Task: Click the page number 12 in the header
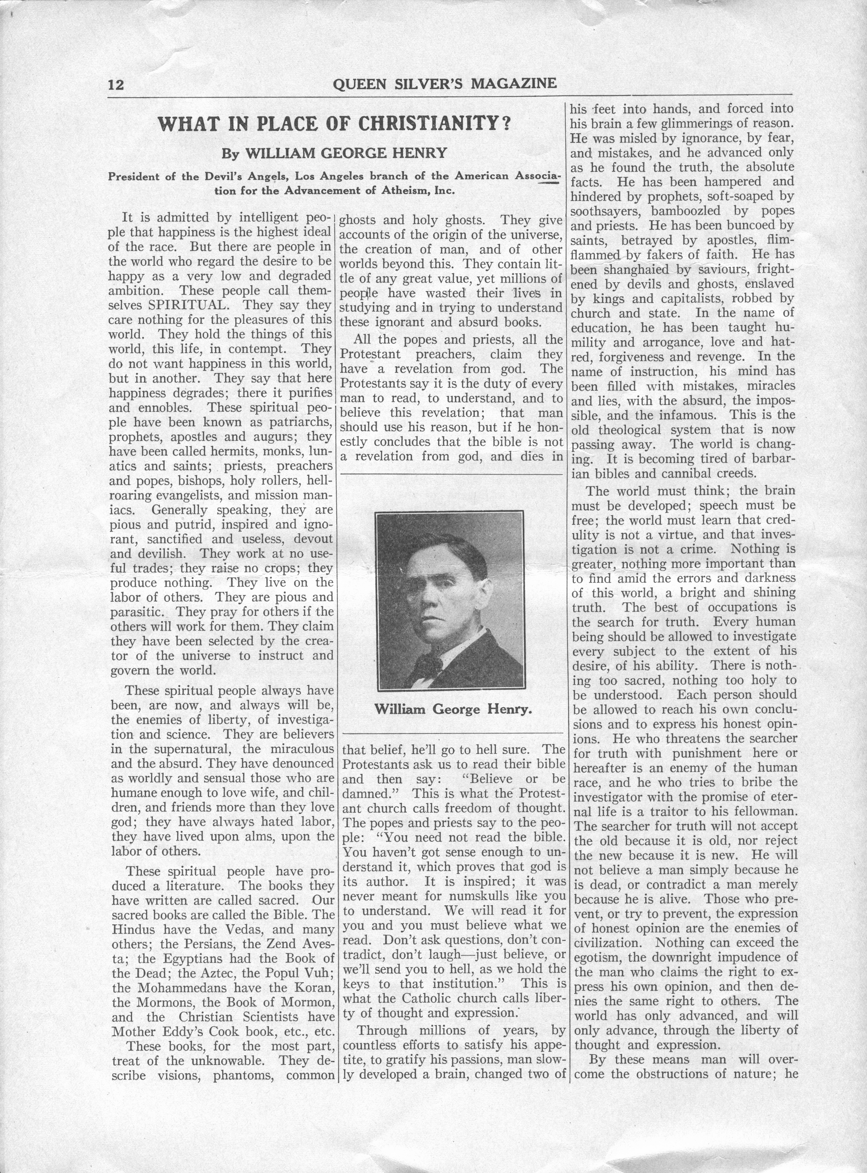tap(116, 84)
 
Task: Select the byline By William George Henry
tap(334, 153)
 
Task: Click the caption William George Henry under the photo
tap(453, 710)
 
